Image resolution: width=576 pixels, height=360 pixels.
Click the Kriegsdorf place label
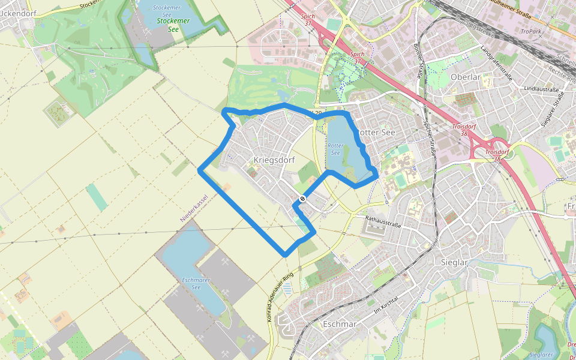[274, 160]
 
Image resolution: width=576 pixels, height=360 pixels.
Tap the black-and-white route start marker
[302, 199]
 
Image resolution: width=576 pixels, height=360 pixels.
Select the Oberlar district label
[465, 77]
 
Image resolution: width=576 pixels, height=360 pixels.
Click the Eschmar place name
[340, 324]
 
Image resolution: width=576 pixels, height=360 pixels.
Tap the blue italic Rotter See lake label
[335, 149]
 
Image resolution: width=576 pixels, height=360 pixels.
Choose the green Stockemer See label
[173, 25]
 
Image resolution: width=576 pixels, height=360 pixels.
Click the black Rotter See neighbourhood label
[376, 133]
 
